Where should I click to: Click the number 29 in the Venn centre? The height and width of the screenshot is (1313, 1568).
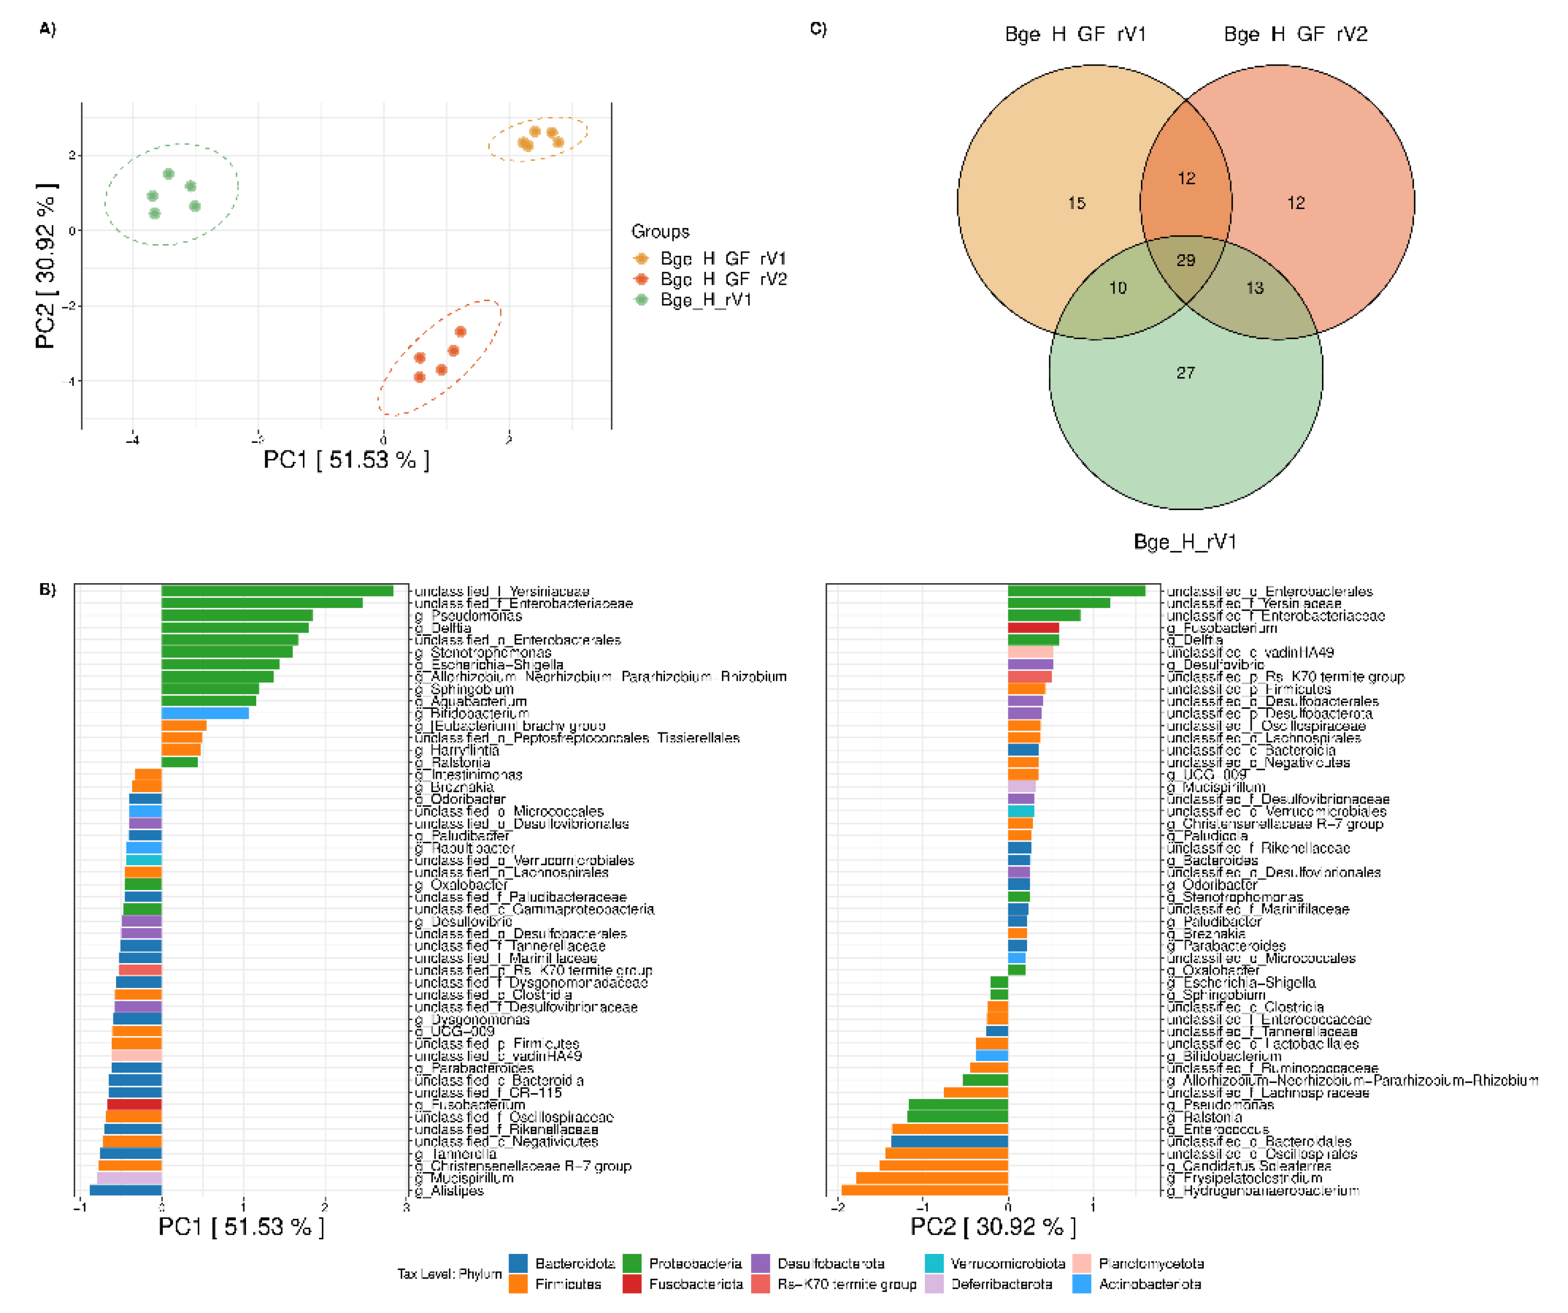pos(1186,260)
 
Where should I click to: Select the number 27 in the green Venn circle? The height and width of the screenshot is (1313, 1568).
pos(1186,372)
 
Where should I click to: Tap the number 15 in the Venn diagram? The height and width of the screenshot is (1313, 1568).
pos(1076,203)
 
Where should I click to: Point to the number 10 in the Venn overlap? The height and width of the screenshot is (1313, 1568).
pos(1118,288)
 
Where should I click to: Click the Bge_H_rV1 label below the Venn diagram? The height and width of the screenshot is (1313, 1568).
pos(1185,541)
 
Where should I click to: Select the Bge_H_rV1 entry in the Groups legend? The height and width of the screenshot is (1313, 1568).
pos(706,299)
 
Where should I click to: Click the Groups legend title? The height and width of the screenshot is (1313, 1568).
pos(660,232)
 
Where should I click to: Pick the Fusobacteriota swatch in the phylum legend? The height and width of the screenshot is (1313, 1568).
pos(632,1284)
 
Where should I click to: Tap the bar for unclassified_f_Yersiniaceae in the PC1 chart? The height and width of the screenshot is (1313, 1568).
pos(276,591)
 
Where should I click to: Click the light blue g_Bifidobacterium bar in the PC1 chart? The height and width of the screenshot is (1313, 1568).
pos(205,713)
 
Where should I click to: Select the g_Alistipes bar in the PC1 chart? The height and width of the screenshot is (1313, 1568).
pos(126,1190)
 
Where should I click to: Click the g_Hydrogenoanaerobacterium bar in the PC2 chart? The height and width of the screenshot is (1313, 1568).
pos(924,1190)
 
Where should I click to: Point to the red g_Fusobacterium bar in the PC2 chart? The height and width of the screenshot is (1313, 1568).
pos(1034,627)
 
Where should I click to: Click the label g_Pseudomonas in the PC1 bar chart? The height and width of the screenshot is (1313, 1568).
pos(476,616)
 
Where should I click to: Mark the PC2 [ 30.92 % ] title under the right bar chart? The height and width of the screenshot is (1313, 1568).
pos(993,1226)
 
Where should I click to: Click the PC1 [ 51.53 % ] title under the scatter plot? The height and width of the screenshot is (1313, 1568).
pos(346,460)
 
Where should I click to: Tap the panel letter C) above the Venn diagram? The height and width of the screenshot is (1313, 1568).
pos(818,28)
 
